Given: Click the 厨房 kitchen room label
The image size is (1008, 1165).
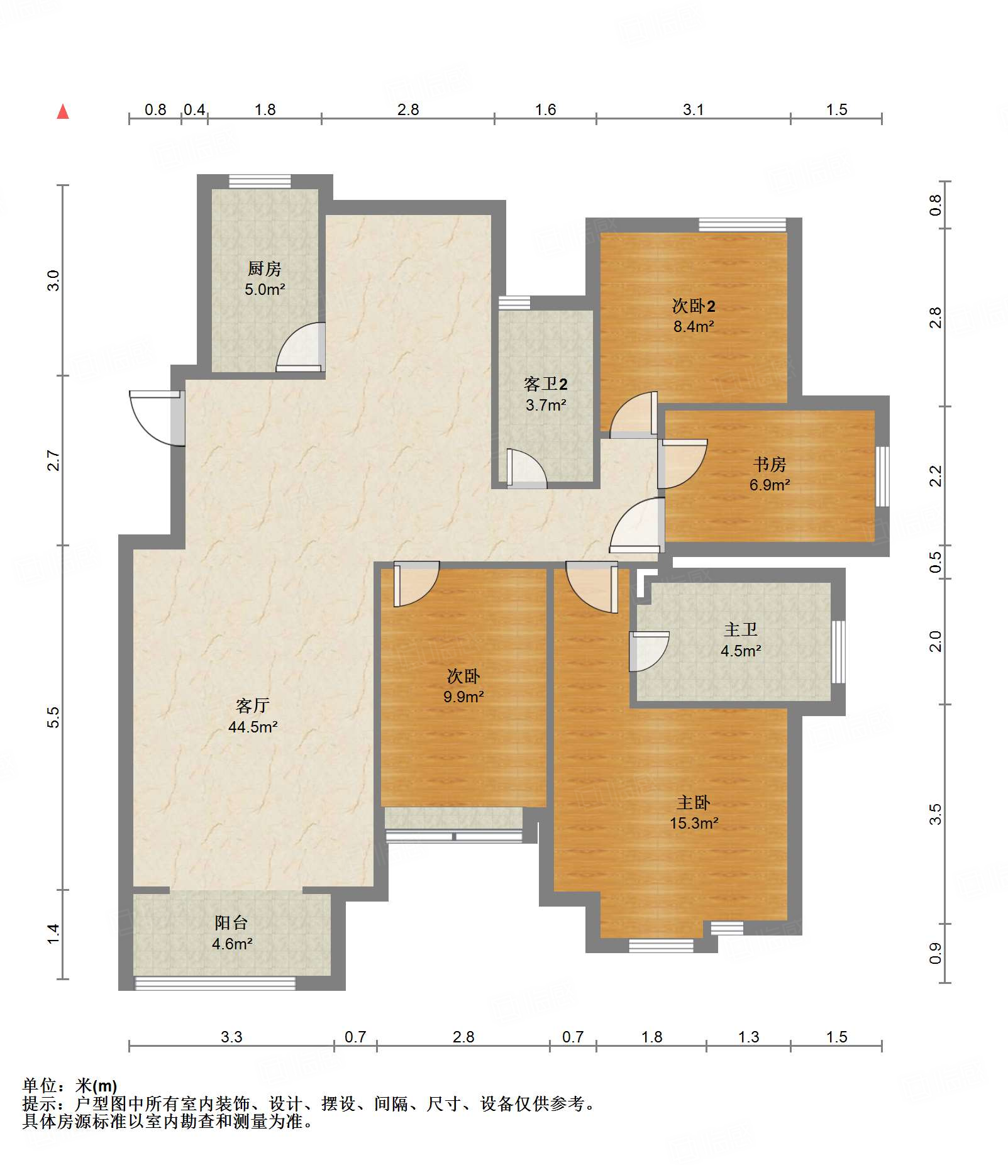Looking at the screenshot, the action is click(x=264, y=268).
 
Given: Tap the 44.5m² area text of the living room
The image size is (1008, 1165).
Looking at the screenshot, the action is click(x=253, y=727).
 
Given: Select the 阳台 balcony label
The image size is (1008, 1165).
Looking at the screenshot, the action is click(x=231, y=922).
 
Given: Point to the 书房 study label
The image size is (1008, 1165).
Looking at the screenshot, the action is click(x=770, y=464).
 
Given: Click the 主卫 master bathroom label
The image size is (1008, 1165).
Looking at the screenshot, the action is click(x=741, y=629).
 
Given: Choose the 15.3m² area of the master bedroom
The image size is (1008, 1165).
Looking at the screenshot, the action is click(x=694, y=823).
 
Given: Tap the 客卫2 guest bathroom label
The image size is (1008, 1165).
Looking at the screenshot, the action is click(x=546, y=384).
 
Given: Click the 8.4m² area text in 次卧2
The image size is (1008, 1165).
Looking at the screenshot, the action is click(x=694, y=326).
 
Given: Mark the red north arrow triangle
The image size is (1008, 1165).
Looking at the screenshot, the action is click(x=63, y=112).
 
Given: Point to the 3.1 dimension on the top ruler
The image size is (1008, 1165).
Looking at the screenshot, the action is click(x=693, y=109).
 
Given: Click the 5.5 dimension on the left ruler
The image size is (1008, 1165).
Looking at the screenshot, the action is click(x=53, y=717).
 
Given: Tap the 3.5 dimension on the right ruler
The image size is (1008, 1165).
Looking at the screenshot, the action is click(x=936, y=814).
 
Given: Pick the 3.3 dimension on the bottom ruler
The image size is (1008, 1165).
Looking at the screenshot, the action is click(x=231, y=1037).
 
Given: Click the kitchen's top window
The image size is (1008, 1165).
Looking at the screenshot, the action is click(x=260, y=181).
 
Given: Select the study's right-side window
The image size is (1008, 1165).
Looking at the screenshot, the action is click(x=883, y=476).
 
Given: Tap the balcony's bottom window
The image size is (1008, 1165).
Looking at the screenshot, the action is click(x=215, y=983).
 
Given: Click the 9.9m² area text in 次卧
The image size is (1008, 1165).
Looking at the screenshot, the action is click(x=463, y=697).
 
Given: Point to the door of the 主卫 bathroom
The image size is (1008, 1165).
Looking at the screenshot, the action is click(x=648, y=651).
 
